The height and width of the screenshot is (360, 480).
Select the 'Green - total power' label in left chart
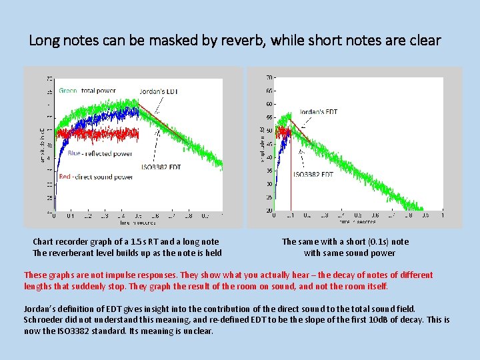coord(87,91)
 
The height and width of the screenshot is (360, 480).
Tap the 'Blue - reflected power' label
coord(99,153)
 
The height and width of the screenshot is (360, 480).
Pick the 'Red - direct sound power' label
coord(95,177)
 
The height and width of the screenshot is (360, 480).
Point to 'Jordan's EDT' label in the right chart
coord(319,112)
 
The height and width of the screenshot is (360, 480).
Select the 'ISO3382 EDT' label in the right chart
coord(313,175)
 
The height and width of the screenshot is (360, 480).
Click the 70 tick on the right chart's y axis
coord(269,77)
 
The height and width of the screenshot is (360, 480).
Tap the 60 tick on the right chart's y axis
coord(269,104)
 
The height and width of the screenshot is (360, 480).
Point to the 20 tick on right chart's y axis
coord(269,211)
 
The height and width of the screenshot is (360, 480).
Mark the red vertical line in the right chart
coord(291,180)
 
